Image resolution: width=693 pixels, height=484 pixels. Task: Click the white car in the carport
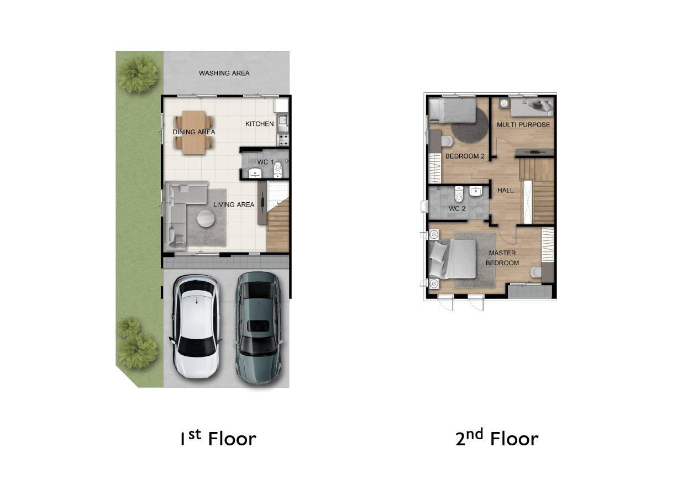coord(196,327)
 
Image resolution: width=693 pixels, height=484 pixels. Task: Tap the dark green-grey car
coord(259,328)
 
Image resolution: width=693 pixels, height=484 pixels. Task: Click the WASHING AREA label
coord(224,73)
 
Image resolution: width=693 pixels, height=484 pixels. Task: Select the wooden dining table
coord(194,133)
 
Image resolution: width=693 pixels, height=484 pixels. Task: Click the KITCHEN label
coord(260,124)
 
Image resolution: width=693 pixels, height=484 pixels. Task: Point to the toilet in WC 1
coord(278,170)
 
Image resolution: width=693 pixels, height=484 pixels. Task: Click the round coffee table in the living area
coord(206,218)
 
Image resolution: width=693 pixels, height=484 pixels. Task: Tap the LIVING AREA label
coord(234,205)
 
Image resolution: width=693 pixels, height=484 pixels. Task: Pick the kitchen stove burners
coord(283,140)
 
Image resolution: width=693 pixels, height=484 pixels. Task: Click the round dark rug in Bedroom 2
coord(470,125)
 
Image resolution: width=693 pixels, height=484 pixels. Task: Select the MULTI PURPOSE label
coord(523,125)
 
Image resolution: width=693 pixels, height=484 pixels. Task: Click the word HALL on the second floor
coord(506,191)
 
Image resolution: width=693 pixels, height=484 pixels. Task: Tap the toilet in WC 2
coord(459,194)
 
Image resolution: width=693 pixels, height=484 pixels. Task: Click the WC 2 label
coord(457,209)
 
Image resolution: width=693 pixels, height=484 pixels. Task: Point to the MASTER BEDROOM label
coord(502,258)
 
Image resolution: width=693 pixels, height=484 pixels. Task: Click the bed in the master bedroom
coord(452,260)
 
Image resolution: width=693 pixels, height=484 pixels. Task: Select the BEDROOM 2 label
coord(465,156)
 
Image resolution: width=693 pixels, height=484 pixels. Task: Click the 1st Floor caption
coord(218,438)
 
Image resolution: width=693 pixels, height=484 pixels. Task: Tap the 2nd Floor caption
coord(497,438)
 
